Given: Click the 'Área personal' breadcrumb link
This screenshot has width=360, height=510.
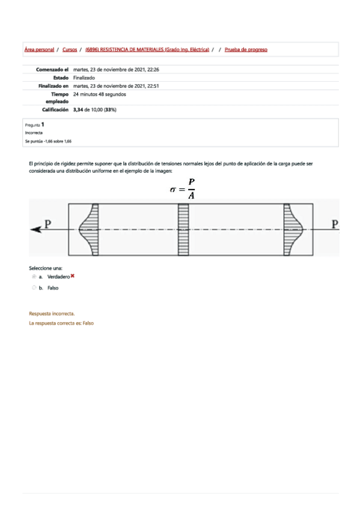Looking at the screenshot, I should point(39,50).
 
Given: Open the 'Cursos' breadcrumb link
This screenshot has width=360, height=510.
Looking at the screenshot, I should point(70,50).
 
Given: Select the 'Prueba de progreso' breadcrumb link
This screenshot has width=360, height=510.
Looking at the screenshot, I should point(246,50).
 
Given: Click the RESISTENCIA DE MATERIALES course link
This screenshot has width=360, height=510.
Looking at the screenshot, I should point(147,50).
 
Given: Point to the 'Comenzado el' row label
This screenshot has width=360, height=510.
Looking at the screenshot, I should point(52,70).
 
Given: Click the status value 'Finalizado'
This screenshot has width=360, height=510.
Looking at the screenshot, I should point(84,78).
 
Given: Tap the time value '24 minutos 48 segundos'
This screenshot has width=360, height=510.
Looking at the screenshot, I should point(100,94).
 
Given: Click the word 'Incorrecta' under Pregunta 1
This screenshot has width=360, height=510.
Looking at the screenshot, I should point(34,132).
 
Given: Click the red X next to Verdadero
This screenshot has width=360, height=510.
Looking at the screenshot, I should point(73,276).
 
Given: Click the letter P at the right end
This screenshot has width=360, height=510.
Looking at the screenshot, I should point(335,224).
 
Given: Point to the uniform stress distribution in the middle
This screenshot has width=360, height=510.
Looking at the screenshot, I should point(183,230).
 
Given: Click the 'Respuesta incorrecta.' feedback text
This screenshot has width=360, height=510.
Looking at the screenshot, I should point(52,314).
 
